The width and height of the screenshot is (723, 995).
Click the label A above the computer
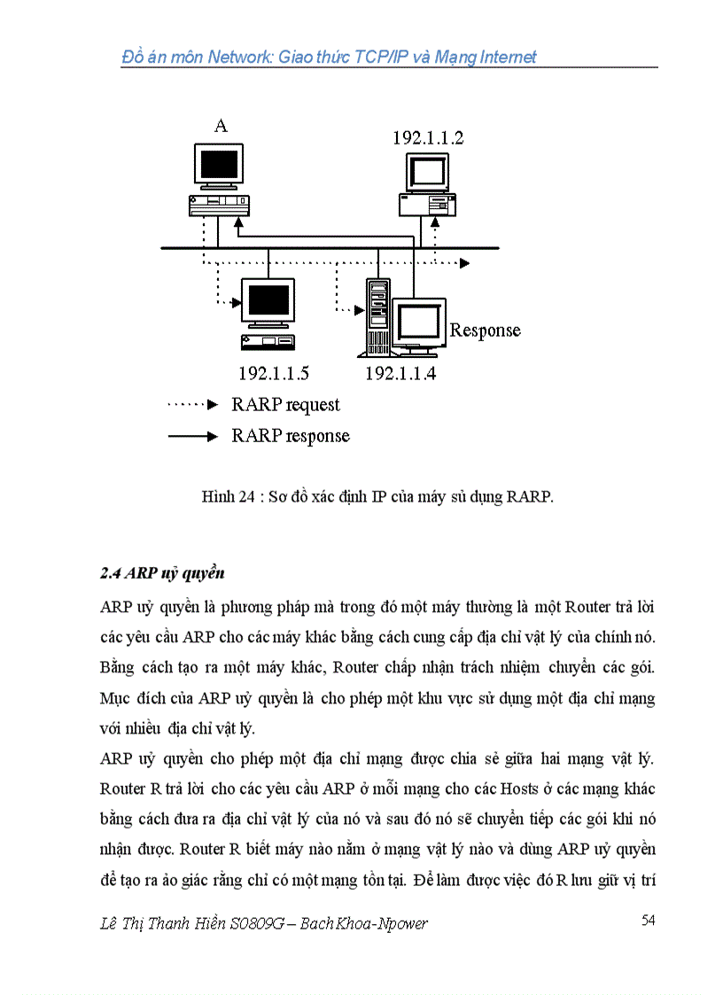[221, 126]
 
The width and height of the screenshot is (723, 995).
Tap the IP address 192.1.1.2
[428, 137]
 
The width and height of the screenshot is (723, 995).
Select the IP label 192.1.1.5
[274, 373]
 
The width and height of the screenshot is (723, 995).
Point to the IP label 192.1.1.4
[400, 373]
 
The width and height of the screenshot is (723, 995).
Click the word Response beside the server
[485, 330]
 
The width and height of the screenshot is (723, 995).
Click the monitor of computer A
[218, 165]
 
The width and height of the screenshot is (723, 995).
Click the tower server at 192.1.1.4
[377, 317]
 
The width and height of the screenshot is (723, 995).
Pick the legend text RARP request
[285, 405]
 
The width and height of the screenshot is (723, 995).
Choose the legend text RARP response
[291, 436]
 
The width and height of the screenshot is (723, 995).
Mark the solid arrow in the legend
[192, 436]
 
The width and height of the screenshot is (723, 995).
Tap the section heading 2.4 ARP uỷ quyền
[162, 572]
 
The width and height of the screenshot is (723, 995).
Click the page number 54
[648, 921]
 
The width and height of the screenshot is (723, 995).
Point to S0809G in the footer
[259, 923]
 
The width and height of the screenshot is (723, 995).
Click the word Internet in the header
[502, 58]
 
